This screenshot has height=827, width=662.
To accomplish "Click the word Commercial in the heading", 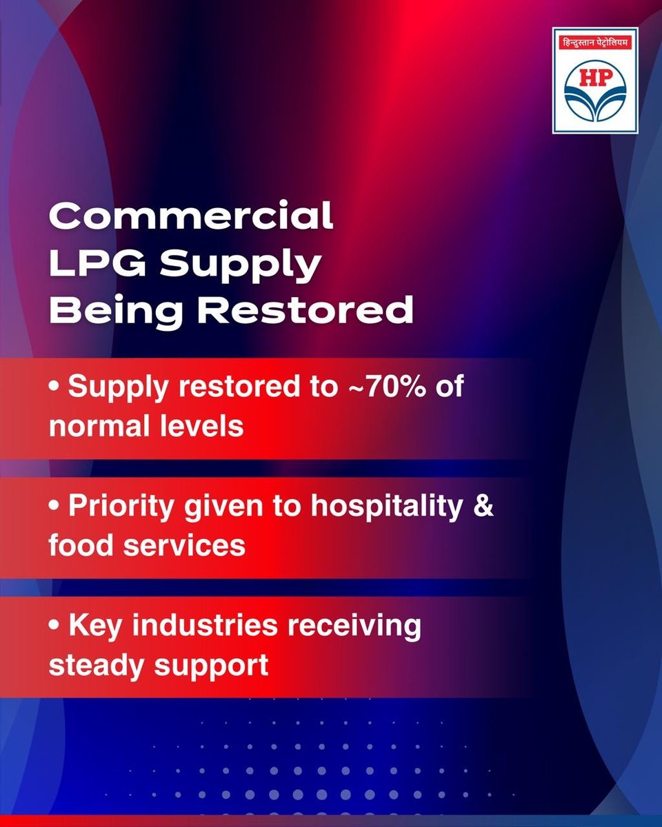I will (191, 216).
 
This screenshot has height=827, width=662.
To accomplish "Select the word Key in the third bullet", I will (94, 628).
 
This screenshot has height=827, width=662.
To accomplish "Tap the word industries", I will (202, 627).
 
